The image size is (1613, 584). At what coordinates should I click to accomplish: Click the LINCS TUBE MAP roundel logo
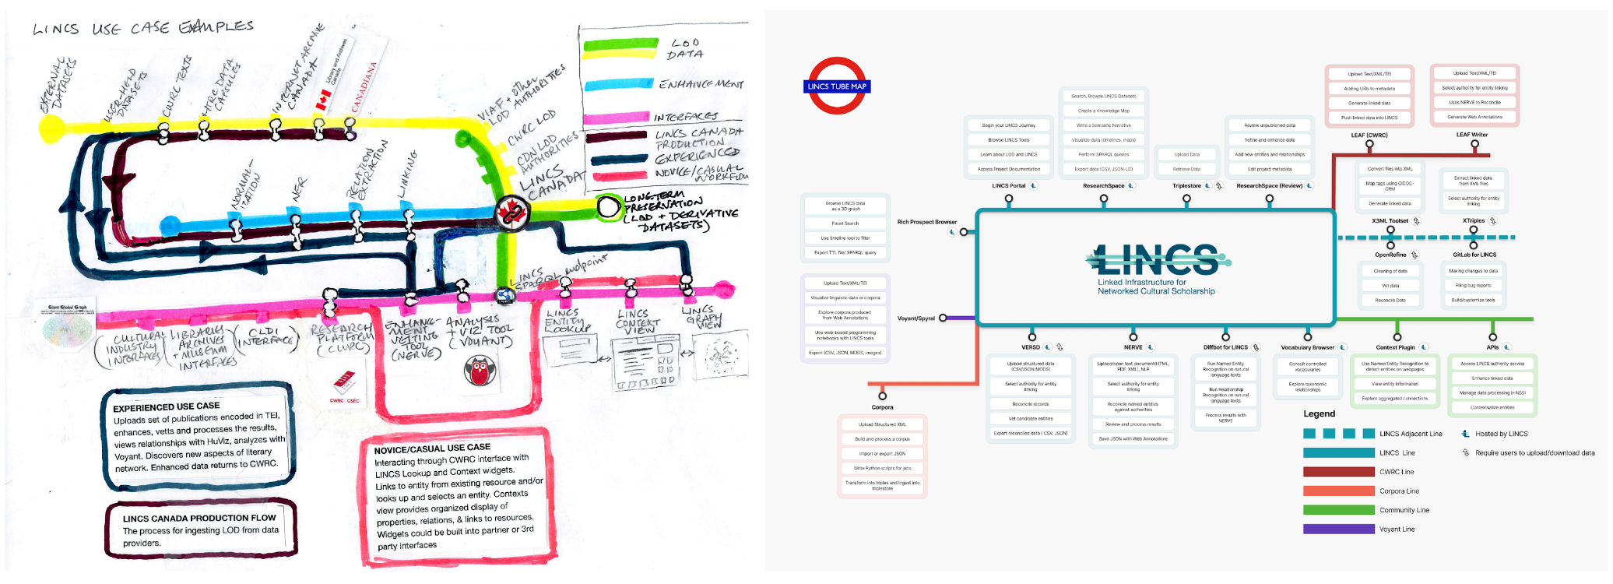coord(837,86)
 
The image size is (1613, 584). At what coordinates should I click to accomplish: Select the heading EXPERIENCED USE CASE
coord(166,406)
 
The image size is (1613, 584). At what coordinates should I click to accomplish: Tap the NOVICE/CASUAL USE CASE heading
coord(432,449)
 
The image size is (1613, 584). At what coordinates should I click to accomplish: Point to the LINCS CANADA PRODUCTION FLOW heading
coord(199,518)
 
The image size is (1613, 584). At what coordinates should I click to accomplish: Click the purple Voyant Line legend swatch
coord(1338,529)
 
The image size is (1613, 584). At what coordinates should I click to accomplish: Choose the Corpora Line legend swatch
coord(1338,491)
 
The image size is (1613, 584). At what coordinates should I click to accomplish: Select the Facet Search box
coord(845,223)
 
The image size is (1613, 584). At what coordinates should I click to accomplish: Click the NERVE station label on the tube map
coord(1133,347)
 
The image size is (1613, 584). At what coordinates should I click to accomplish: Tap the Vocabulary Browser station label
coord(1307,347)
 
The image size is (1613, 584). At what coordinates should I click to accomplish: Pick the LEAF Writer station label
coord(1471,135)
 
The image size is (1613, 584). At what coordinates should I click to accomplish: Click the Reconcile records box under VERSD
coord(1030,404)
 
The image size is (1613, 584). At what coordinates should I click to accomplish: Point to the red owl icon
coord(480,371)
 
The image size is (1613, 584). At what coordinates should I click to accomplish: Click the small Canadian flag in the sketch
coord(322,99)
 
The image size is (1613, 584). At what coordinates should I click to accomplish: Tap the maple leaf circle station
coord(511,212)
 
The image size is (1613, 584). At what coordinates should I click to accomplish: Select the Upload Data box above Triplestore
coord(1186,154)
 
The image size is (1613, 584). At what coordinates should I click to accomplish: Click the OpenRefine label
coord(1390,255)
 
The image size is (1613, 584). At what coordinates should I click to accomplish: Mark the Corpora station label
coord(882,407)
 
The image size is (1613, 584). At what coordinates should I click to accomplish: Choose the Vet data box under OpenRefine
coord(1390,286)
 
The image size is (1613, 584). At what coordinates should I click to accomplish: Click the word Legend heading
coord(1319,414)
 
